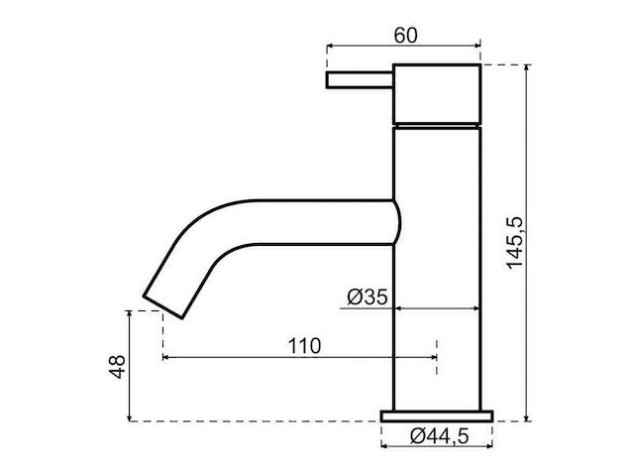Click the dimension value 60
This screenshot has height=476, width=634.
pyautogui.click(x=404, y=35)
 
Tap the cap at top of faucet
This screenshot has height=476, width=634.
pyautogui.click(x=437, y=94)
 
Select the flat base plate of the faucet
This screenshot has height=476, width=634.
pyautogui.click(x=437, y=415)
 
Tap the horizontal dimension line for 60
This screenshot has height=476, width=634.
pyautogui.click(x=403, y=47)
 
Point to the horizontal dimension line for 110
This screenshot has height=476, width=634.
pyautogui.click(x=297, y=357)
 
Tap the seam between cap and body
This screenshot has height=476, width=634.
pyautogui.click(x=437, y=125)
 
